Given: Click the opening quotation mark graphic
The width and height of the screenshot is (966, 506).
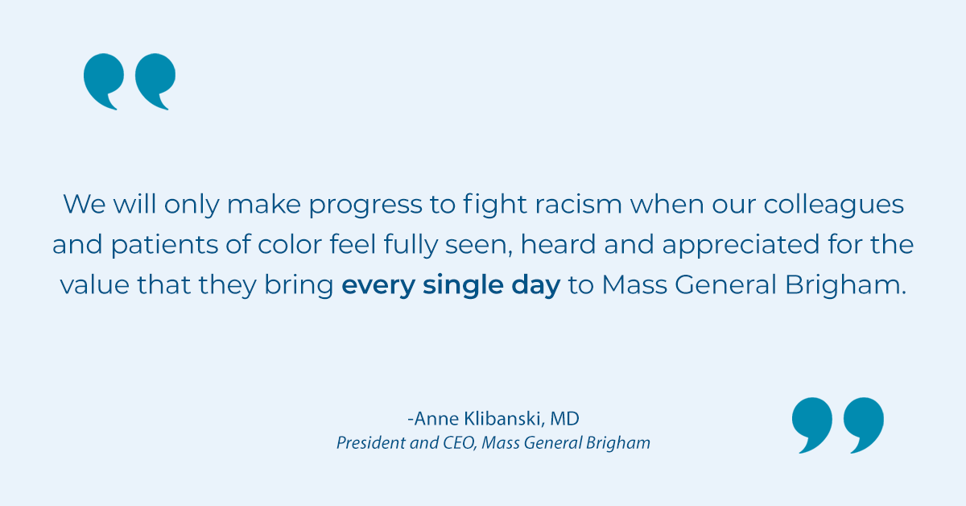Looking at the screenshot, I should click(x=129, y=81).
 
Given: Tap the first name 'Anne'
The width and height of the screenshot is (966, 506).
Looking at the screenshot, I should click(x=436, y=419).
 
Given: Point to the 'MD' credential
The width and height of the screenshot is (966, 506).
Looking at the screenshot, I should click(x=564, y=419).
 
